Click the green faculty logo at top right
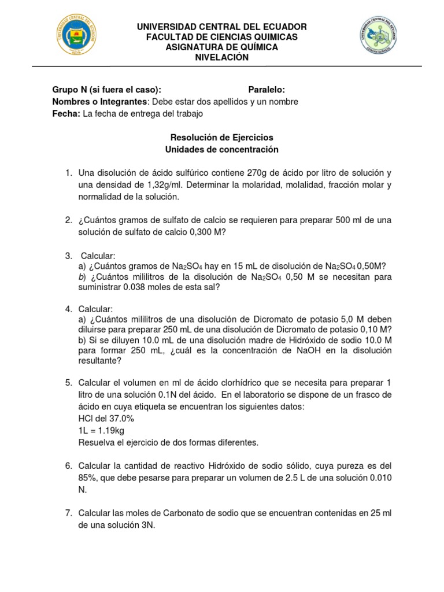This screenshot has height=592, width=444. (378, 36)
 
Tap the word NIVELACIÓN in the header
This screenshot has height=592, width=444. (221, 57)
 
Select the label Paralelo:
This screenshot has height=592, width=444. (267, 90)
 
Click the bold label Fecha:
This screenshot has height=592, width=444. (66, 114)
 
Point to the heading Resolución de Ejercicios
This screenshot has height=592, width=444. (221, 138)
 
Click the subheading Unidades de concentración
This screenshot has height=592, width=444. (221, 150)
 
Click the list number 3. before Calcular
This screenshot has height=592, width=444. (68, 255)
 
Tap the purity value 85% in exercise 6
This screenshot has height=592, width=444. (88, 478)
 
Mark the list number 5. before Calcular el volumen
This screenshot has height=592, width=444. (68, 383)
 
